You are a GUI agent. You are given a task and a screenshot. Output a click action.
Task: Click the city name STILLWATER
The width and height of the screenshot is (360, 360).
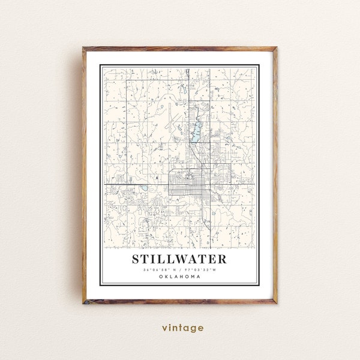[x=177, y=259]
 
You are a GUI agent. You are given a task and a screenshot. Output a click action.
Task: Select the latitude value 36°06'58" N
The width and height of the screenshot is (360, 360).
[x=158, y=270]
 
